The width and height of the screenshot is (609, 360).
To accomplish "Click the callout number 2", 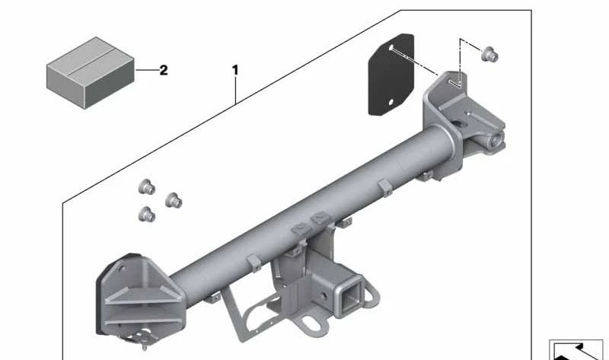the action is coord(164,70).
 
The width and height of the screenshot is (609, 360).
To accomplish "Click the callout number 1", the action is coord(235,70).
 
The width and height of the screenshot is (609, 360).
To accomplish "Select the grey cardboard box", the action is coord(91,72).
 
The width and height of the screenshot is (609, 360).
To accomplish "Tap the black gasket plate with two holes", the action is coord(391,75).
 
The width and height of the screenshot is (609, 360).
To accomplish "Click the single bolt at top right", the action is coord(489,54).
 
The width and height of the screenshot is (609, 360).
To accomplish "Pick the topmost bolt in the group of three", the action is coord(147,186).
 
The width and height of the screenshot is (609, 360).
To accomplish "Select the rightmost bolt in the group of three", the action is coord(174,200).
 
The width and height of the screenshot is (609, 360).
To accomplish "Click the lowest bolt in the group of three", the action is coord(147,215).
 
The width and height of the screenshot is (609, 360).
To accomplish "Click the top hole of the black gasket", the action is coord(391,48).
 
